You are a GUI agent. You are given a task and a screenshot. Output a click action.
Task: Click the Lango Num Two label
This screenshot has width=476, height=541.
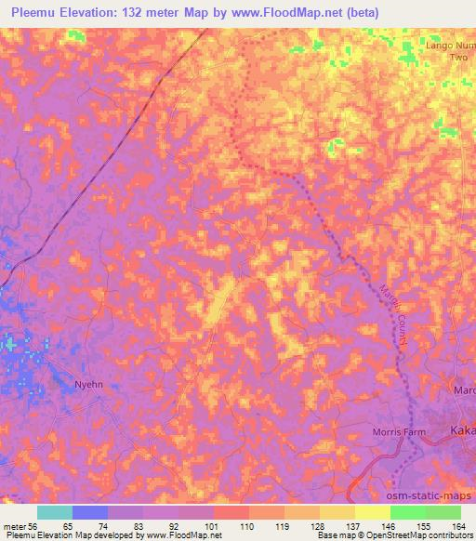coord(450,50)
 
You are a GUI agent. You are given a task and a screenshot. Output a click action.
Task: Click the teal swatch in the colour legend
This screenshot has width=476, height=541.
coord(55,512)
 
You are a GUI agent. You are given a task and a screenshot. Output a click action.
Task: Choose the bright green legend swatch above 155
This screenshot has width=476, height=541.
coord(407,512)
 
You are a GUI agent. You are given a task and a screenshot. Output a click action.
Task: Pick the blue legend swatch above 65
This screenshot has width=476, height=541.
coord(90,512)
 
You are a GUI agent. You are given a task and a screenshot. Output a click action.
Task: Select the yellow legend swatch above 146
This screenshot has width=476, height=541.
coord(372,512)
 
